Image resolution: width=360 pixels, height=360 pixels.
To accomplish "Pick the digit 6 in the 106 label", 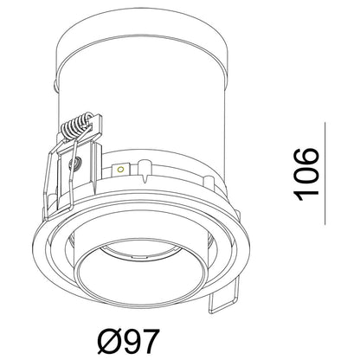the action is [306, 157].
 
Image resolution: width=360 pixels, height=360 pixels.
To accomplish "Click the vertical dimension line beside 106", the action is [325, 173].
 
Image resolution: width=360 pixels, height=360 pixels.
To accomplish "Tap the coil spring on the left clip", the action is [75, 126].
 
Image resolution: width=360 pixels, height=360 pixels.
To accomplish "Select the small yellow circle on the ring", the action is [121, 169].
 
